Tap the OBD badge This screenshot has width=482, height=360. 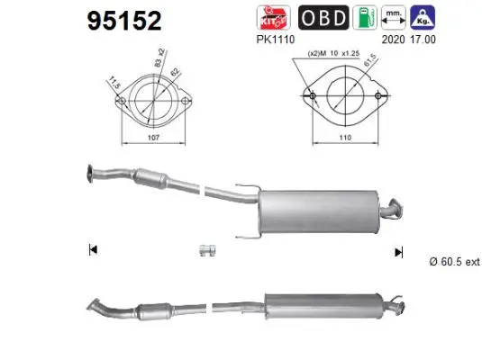(x=320, y=18)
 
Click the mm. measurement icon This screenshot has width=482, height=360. (x=394, y=18)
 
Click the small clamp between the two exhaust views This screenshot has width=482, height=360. (x=205, y=249)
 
